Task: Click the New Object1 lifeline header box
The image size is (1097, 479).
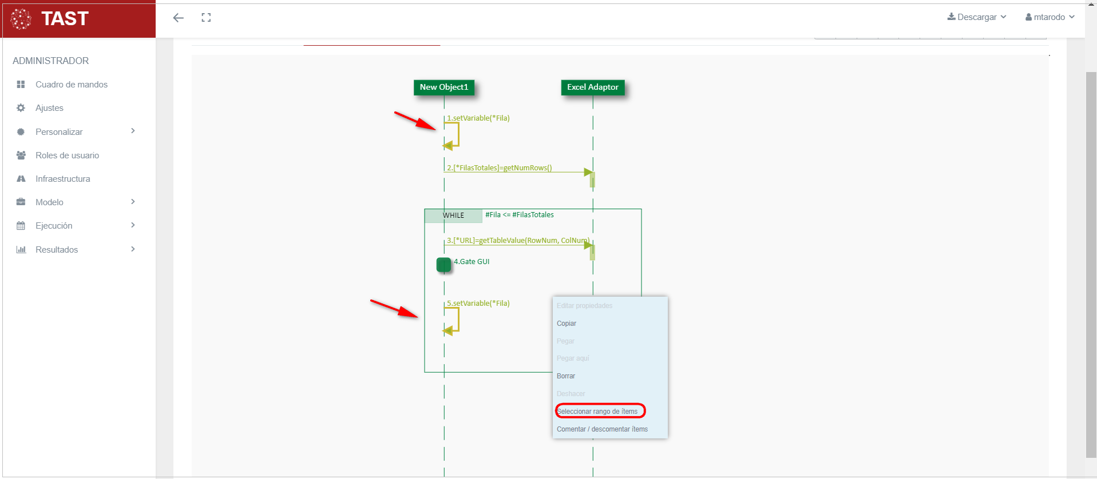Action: point(443,87)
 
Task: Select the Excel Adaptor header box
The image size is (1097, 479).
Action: point(592,87)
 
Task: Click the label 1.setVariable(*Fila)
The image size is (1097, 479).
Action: point(478,118)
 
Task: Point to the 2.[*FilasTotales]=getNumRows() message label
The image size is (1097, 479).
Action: point(499,168)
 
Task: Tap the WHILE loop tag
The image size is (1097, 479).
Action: point(453,215)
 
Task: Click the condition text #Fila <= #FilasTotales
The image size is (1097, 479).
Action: point(519,215)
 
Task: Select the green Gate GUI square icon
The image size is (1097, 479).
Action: point(443,265)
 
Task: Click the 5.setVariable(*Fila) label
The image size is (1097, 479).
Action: point(478,304)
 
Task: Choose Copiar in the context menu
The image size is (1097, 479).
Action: point(567,324)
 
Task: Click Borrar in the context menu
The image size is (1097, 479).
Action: point(566,376)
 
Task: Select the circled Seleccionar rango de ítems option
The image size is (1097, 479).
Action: point(597,412)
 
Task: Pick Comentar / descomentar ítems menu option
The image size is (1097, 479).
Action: point(602,429)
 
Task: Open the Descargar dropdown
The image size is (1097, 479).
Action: point(976,17)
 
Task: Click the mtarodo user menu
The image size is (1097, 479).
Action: point(1050,17)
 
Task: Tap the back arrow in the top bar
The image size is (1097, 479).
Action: point(179,18)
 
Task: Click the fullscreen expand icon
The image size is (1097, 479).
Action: point(206,18)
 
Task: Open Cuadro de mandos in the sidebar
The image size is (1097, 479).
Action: point(71,85)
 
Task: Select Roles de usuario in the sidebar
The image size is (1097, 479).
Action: point(67,155)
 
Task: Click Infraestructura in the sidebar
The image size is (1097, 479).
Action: point(62,179)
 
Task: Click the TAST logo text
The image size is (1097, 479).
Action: point(65,19)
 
